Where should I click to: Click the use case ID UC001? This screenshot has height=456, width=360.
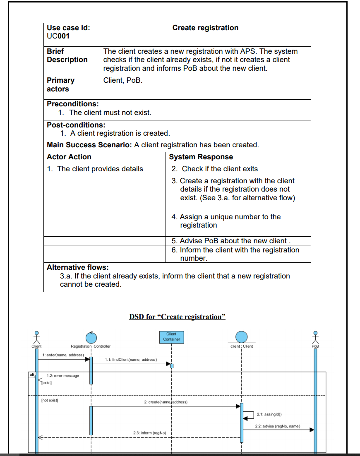pos(58,36)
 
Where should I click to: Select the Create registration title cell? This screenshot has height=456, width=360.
pos(205,28)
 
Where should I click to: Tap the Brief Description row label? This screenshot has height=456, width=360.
pos(67,55)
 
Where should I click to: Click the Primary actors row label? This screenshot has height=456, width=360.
pos(60,84)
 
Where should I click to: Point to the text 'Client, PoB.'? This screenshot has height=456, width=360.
pos(123,80)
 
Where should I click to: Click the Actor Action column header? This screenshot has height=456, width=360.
pos(69,157)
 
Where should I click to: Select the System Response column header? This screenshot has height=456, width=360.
pos(201,157)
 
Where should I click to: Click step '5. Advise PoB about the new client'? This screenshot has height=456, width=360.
pos(231,241)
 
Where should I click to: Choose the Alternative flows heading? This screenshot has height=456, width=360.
pos(78,267)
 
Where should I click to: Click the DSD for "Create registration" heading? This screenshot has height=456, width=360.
pos(177,317)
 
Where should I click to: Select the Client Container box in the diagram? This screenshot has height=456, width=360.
pos(171,336)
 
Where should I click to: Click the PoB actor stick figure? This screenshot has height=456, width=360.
pos(315,337)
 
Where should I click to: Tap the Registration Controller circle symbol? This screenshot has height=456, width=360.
pos(91,337)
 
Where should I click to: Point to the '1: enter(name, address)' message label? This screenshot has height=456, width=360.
pos(62,355)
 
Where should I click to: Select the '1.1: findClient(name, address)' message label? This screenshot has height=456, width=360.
pos(131,360)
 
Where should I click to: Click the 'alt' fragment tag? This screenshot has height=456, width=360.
pos(32,374)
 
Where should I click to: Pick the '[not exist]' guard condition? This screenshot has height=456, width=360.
pos(50,401)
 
